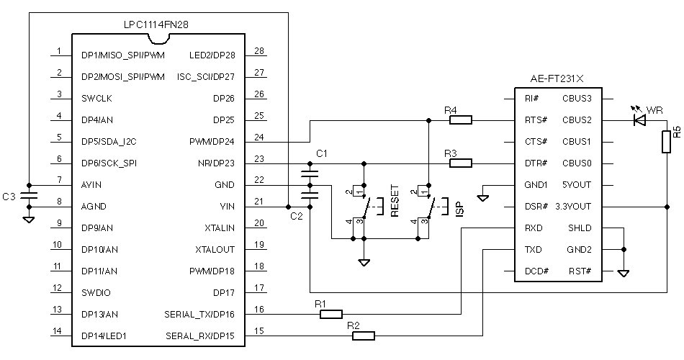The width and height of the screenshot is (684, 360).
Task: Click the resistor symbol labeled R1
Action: tap(331, 314)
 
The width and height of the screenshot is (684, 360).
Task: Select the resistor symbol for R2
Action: tap(364, 336)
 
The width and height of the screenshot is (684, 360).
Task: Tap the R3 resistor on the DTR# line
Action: tap(461, 163)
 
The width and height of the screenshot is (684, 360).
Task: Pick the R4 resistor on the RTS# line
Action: tap(461, 120)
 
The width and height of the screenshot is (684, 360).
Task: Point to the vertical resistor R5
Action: tap(666, 142)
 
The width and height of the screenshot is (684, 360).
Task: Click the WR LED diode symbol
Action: tap(639, 119)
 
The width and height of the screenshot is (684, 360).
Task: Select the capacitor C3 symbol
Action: tap(29, 196)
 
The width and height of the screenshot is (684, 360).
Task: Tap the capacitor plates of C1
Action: tap(310, 174)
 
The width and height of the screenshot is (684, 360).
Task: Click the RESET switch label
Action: tap(395, 202)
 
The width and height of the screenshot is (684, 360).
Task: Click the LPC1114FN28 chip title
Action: tap(156, 25)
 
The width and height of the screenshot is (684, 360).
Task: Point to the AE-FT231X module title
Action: tap(557, 79)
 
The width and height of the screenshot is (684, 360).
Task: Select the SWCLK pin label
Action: tap(96, 99)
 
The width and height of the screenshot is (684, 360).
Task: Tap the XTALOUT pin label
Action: tap(215, 250)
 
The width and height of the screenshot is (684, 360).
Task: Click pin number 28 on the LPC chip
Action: tap(259, 51)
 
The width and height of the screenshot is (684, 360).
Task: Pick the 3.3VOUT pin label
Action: tap(573, 207)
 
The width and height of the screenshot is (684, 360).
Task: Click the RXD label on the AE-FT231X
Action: tap(533, 228)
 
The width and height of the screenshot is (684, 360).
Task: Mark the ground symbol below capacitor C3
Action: tap(29, 220)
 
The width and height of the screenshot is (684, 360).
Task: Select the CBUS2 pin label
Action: tap(577, 120)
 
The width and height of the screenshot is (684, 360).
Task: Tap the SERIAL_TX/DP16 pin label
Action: tap(199, 315)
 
